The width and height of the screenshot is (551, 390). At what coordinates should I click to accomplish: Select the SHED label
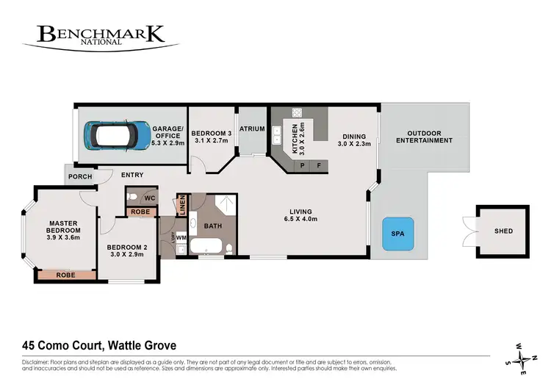pos(503,231)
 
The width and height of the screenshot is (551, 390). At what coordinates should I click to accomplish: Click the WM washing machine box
pos(181,248)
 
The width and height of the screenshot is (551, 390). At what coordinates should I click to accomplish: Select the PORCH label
pos(79,177)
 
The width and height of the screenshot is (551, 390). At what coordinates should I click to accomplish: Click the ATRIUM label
pos(252,129)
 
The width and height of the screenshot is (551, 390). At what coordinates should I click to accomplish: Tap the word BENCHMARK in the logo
pos(108,34)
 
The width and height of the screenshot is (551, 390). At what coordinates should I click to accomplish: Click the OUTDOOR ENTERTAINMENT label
pos(425,137)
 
